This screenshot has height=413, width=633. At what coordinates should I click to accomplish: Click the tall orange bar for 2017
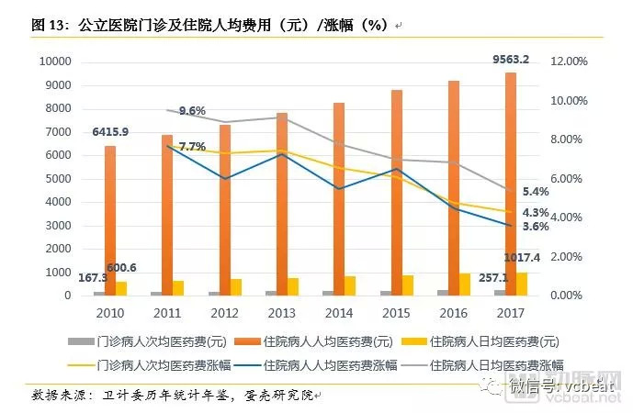pos(511,184)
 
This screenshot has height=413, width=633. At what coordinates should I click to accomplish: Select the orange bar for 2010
pos(110,220)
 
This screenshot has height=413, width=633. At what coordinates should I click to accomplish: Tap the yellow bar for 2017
pos(522,284)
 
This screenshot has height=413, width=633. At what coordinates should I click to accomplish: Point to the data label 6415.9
pos(110,132)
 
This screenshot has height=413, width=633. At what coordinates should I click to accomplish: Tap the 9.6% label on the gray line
pos(192,111)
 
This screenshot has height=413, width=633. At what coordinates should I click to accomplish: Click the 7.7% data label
pos(192,147)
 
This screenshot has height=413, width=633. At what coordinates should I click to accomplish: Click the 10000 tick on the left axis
pos(54,61)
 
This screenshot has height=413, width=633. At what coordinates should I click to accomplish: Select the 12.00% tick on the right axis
pos(568,61)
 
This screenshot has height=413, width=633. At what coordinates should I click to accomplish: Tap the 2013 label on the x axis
pos(282,314)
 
